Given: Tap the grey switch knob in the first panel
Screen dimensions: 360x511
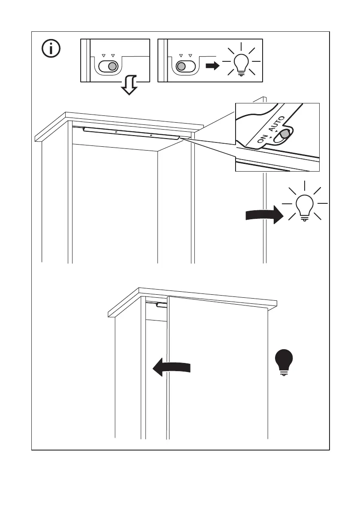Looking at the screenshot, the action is [112, 67].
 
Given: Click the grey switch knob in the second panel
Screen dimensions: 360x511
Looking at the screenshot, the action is [182, 67].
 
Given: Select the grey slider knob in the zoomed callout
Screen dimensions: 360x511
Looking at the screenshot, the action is [283, 135].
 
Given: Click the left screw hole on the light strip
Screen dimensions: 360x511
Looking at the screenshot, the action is [116, 132].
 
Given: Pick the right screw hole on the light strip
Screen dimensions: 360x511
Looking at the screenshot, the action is [151, 135].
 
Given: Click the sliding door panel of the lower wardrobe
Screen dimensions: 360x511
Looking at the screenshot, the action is [217, 369].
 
